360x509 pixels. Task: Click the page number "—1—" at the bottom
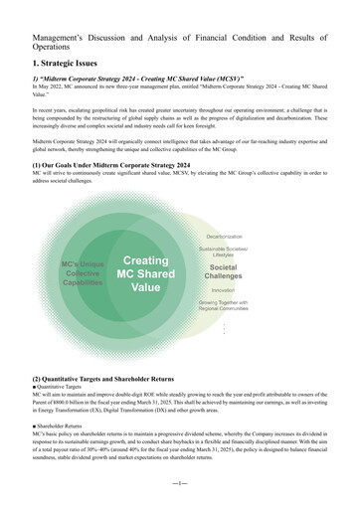point(179,484)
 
